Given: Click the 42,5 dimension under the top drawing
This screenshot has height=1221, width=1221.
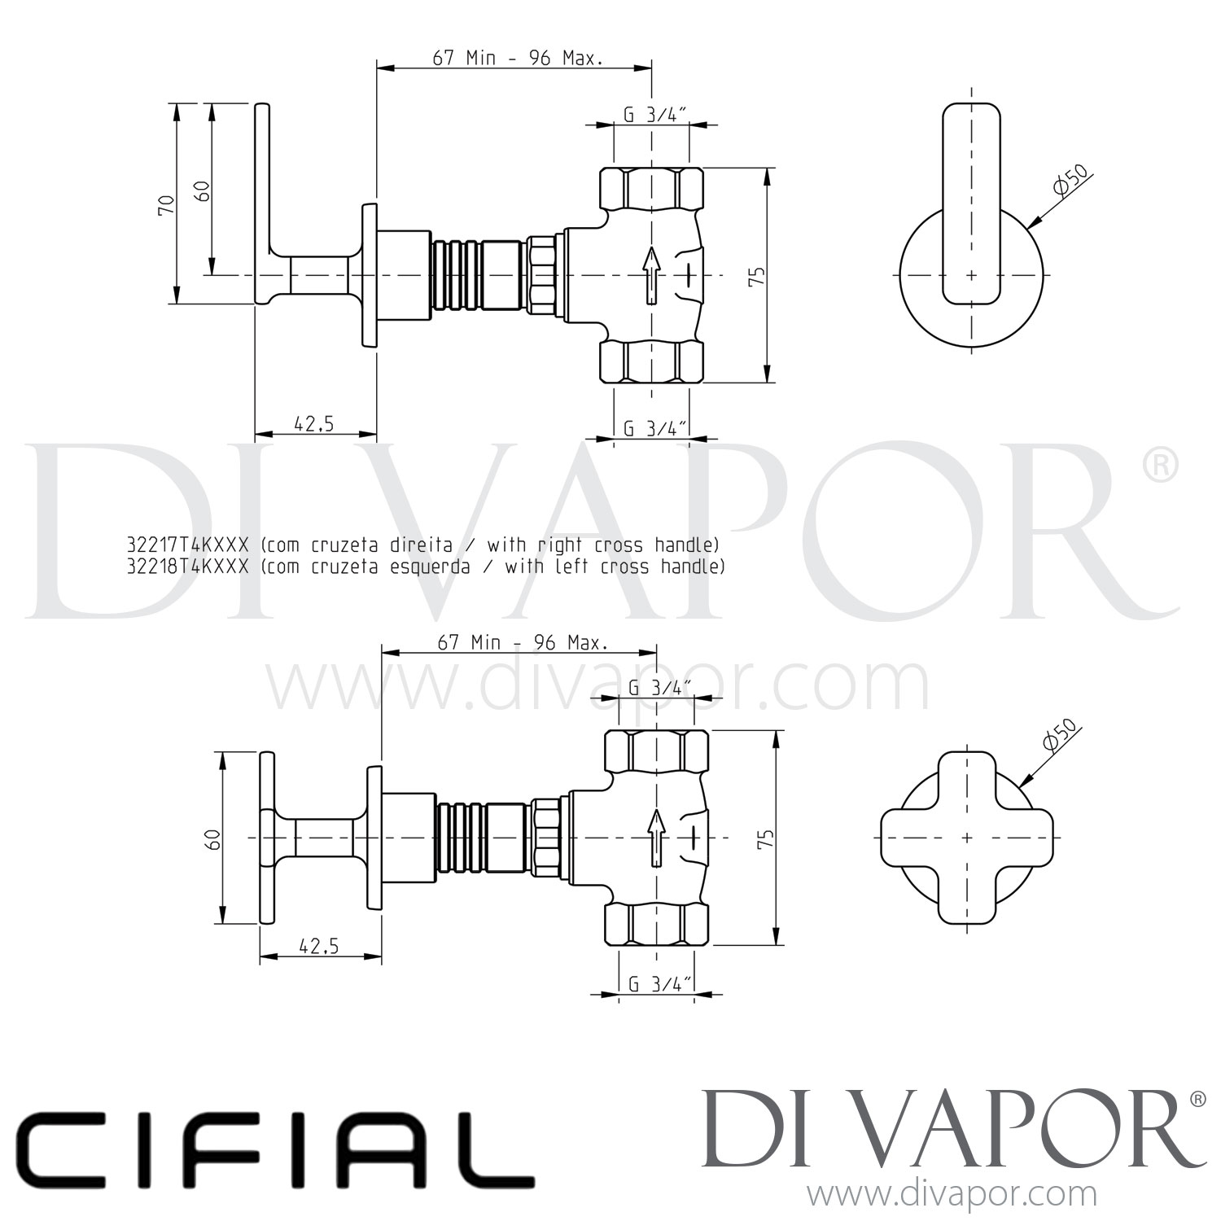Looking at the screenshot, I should pyautogui.click(x=314, y=424).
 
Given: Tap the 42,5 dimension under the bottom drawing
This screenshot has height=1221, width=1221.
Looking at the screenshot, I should pyautogui.click(x=319, y=946).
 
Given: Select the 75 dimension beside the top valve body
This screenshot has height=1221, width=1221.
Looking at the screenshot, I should pyautogui.click(x=757, y=275).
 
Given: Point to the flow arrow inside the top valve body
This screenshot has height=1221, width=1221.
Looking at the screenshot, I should pyautogui.click(x=651, y=274).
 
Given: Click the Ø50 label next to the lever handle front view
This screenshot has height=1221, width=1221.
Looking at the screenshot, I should pyautogui.click(x=1070, y=182).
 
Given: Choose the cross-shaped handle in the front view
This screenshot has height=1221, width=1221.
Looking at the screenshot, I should pyautogui.click(x=966, y=838).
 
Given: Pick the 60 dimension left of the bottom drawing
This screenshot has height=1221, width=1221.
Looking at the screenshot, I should pyautogui.click(x=213, y=838).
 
